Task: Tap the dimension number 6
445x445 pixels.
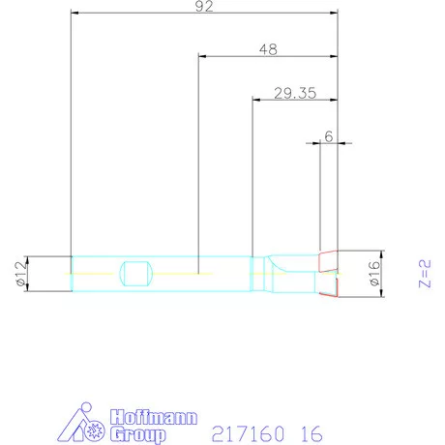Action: [x=329, y=137]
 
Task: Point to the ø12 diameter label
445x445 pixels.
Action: [x=18, y=275]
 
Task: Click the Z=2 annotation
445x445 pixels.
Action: [x=422, y=274]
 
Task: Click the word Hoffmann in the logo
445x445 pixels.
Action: [x=155, y=417]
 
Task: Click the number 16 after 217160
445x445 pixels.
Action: [x=310, y=432]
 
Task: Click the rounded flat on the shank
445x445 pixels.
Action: [x=135, y=274]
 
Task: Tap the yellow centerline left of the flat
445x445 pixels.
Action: [x=92, y=274]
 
